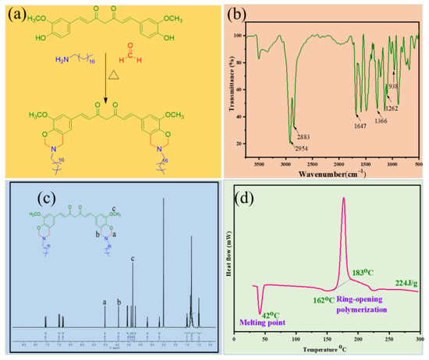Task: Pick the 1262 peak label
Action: [x=392, y=108]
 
